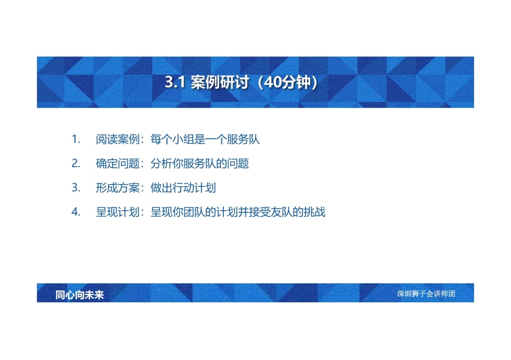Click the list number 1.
(76, 139)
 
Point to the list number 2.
(76, 163)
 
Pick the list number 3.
(76, 188)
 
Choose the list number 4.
(76, 212)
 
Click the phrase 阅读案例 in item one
(118, 139)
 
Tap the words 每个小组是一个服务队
(205, 139)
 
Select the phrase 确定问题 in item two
(118, 163)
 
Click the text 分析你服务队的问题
(200, 163)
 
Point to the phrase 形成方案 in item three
(118, 188)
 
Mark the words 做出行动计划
(183, 188)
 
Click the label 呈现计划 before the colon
(118, 212)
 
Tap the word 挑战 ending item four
(314, 212)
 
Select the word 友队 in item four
(282, 212)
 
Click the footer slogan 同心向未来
(80, 295)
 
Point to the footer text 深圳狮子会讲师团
(426, 294)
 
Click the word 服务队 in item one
(243, 139)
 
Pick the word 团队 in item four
(194, 212)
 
